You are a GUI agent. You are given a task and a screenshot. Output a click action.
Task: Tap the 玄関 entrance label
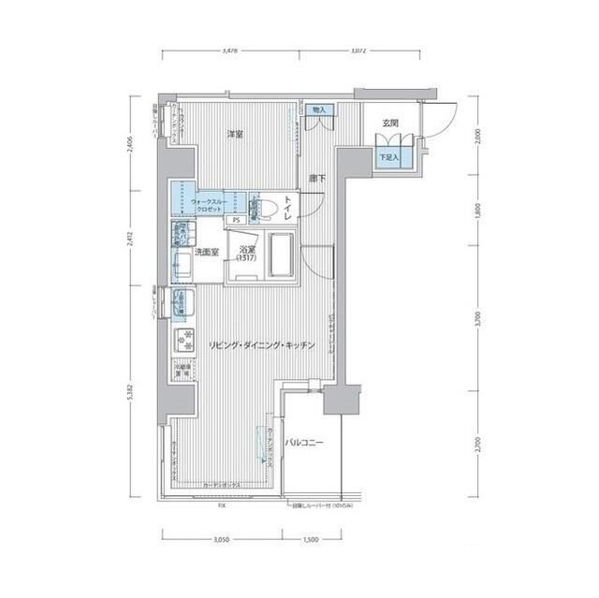coord(390,124)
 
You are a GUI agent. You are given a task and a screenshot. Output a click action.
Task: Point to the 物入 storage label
coord(320,110)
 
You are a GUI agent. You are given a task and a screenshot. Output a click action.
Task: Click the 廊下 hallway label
coord(316,178)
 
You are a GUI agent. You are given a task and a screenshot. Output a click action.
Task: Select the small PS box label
coord(237,220)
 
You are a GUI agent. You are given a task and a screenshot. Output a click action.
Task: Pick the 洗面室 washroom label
coord(207,253)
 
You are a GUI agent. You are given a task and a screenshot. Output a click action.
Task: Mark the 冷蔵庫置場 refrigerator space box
coord(183,370)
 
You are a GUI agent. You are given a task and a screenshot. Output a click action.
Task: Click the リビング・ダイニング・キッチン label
coord(263,345)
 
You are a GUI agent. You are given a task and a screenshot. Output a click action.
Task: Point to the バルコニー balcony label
coord(305,442)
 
